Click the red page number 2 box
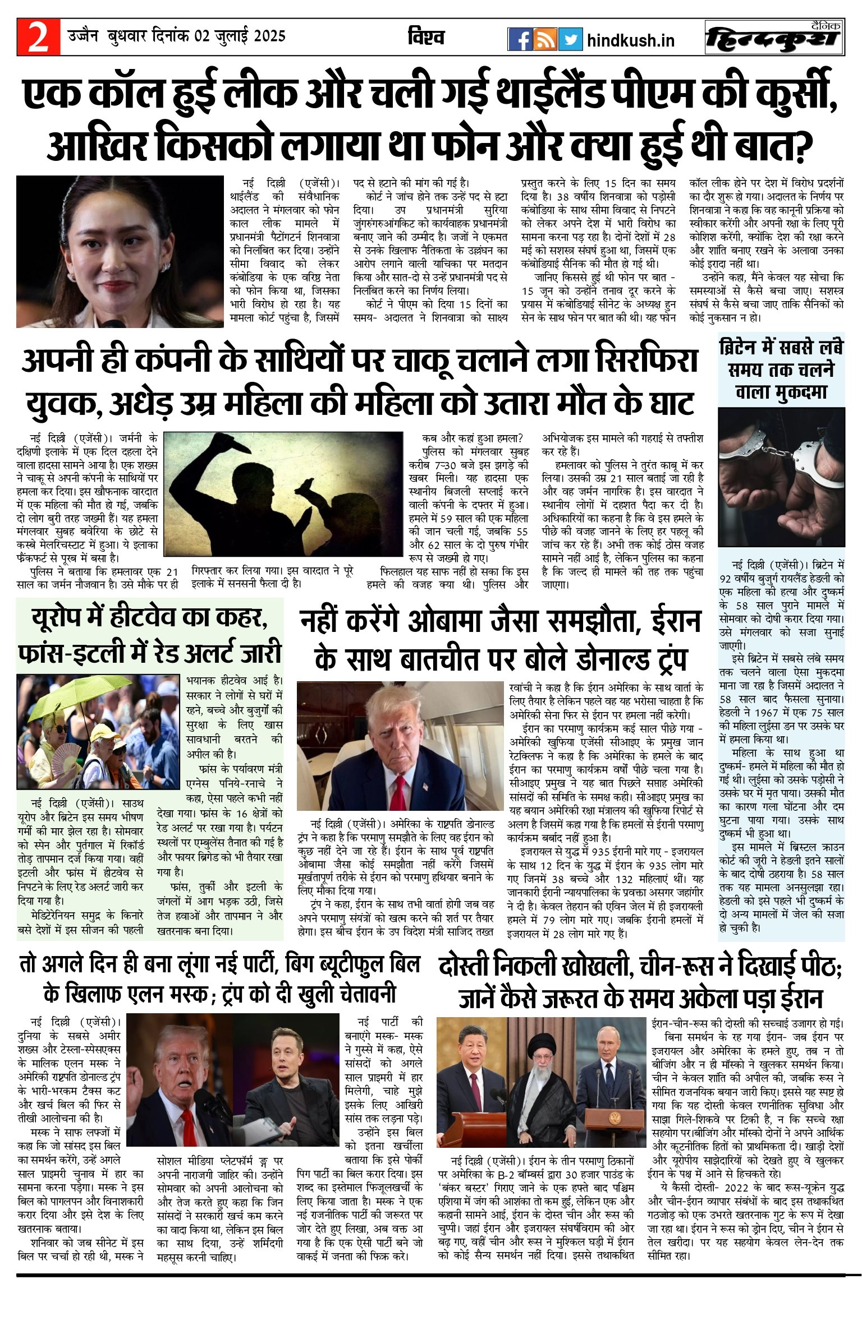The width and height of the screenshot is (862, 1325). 38,37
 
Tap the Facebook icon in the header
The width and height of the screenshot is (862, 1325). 520,39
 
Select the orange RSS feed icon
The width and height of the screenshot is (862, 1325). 544,39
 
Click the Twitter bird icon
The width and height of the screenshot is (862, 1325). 570,39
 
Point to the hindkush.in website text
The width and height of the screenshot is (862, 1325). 630,40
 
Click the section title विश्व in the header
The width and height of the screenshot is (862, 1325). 426,37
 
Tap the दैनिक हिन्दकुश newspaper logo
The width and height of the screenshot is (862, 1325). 774,38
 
